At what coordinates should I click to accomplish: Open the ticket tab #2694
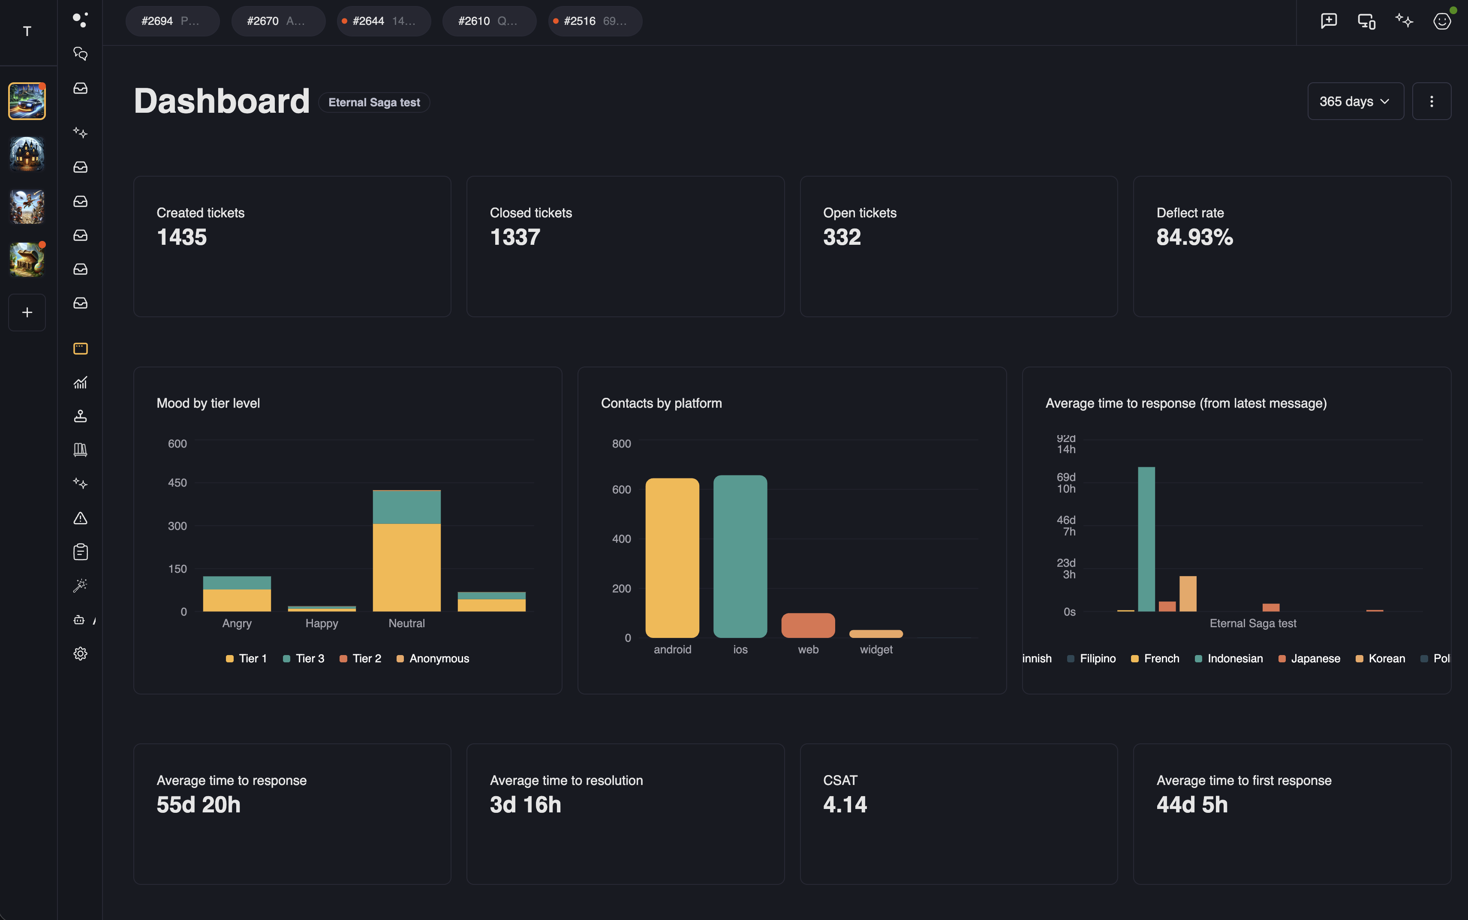coord(171,21)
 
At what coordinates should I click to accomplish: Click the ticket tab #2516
coord(594,21)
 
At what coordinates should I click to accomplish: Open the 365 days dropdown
coord(1355,102)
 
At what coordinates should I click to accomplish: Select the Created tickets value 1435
coord(181,238)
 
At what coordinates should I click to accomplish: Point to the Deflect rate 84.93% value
coord(1194,238)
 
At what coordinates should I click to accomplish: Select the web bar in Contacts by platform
coord(808,625)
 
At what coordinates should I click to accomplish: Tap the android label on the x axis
coord(672,649)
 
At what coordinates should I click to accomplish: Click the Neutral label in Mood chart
coord(406,623)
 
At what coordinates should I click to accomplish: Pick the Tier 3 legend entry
coord(304,658)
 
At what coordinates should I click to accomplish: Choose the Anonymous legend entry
coord(433,658)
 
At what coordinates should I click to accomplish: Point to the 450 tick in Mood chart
coord(177,483)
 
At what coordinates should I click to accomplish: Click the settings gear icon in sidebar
coord(80,653)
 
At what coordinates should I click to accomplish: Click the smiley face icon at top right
coord(1441,21)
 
